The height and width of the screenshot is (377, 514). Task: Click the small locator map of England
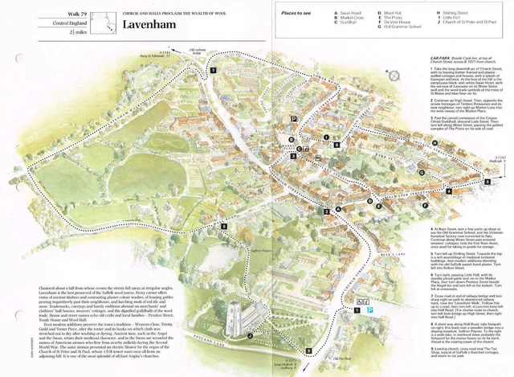(x=102, y=23)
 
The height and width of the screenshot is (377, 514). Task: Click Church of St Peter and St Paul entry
(x=468, y=23)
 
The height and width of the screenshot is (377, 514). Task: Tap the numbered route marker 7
(x=213, y=71)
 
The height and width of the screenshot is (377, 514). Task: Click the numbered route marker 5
(x=485, y=182)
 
